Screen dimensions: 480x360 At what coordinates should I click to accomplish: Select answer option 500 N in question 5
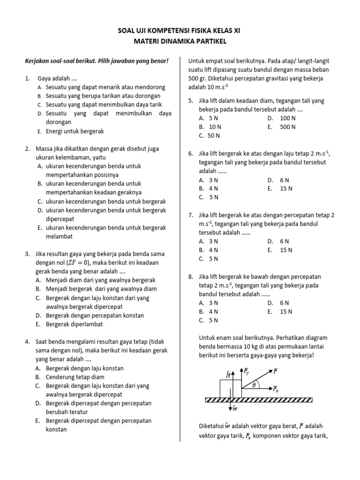pyautogui.click(x=287, y=127)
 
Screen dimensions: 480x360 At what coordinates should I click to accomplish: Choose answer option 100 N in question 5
pyautogui.click(x=287, y=118)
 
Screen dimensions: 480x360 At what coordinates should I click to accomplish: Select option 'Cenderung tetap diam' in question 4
pyautogui.click(x=75, y=377)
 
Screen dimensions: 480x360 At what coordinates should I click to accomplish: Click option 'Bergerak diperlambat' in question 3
pyautogui.click(x=74, y=324)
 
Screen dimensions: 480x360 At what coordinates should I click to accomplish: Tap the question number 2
pyautogui.click(x=27, y=149)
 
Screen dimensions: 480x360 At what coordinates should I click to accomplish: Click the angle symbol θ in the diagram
pyautogui.click(x=254, y=385)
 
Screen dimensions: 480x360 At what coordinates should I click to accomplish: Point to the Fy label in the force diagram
pyautogui.click(x=247, y=371)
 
